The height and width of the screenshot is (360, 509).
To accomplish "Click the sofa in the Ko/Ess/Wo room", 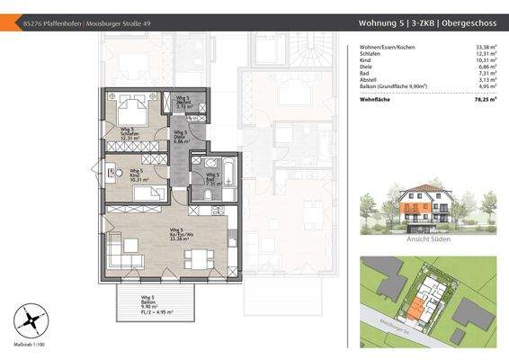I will coord(127,248).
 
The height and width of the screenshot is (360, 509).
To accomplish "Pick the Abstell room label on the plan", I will coord(181,104).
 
